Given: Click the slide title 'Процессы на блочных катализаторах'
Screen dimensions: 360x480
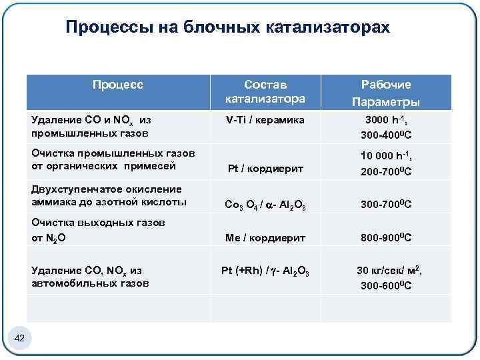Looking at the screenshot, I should point(227,27).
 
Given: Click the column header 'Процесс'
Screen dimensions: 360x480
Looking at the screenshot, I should point(118,85).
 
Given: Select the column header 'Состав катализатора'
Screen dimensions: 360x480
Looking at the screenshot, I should point(265,92).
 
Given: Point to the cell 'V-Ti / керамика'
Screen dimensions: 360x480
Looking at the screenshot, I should point(265,120).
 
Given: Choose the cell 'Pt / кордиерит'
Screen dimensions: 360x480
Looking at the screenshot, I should point(265,169).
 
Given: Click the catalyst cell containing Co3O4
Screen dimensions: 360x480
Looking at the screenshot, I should point(265,203).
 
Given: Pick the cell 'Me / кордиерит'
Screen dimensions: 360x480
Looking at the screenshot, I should point(265,237).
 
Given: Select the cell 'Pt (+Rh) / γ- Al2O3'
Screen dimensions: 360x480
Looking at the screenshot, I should point(265,271).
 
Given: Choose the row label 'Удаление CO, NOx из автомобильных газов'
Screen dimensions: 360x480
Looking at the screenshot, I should point(90,277).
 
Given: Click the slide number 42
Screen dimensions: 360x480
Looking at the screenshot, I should point(19,339).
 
